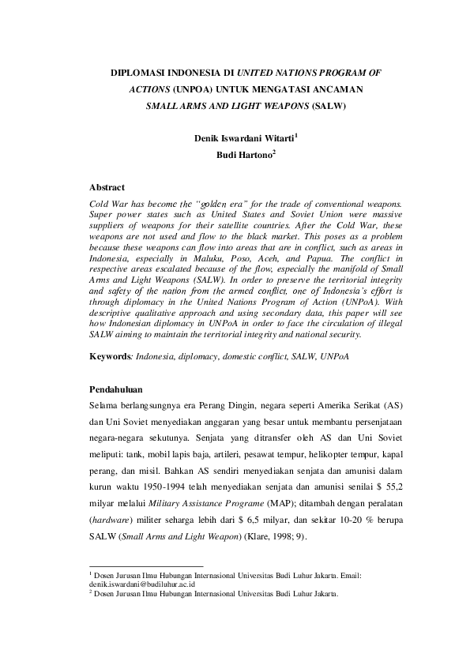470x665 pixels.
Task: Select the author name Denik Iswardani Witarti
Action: [244, 138]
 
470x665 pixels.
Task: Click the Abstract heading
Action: [107, 188]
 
